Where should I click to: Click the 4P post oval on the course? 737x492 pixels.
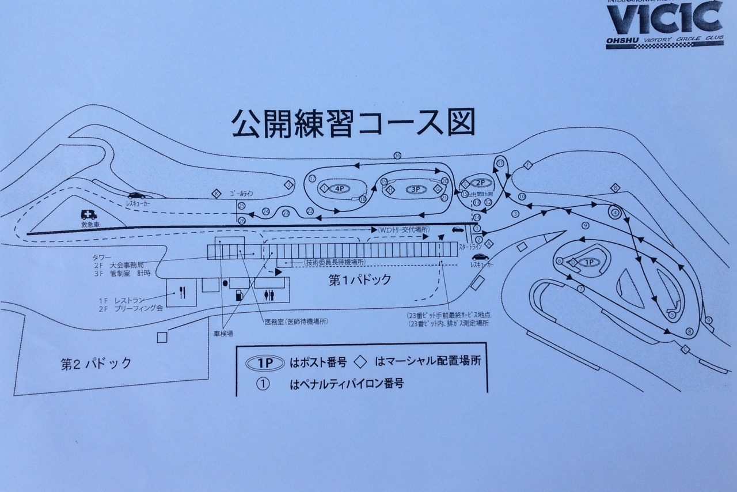click(339, 188)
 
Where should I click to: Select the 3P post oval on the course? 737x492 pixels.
click(415, 189)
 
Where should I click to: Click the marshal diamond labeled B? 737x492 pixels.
click(615, 187)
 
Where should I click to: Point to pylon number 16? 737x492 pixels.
click(397, 155)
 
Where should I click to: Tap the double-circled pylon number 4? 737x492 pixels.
click(616, 213)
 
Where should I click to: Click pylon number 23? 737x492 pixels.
click(286, 213)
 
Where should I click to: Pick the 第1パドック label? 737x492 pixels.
click(360, 280)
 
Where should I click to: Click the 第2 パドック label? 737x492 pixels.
click(96, 364)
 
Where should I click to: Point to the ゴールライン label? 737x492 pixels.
click(241, 194)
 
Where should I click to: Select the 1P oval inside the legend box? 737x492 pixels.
click(265, 363)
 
